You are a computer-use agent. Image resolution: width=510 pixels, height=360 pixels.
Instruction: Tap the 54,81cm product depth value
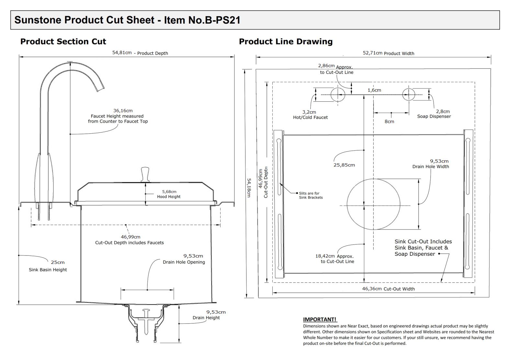[122, 53]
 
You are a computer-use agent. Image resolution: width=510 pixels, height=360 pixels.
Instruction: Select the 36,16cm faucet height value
[123, 111]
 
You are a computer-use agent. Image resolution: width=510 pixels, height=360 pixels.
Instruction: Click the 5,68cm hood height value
[169, 192]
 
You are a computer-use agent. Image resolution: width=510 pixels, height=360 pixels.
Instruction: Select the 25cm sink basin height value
[58, 262]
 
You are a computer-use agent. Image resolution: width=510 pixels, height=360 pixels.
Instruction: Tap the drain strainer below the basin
[146, 324]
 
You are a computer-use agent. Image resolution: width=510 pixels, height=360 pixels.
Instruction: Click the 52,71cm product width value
[372, 53]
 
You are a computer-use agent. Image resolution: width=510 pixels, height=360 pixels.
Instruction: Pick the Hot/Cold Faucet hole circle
[338, 95]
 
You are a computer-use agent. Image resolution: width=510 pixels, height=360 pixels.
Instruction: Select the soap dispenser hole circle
[409, 95]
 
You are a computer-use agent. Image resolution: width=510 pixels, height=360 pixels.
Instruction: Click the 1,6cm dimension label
[374, 90]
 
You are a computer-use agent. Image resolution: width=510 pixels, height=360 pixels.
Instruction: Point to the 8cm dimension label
[389, 121]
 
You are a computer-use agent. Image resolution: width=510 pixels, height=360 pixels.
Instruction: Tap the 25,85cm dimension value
[344, 165]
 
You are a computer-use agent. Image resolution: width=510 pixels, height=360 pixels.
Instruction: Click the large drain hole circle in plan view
[373, 204]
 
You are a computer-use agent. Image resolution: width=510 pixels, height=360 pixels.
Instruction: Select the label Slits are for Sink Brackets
[311, 195]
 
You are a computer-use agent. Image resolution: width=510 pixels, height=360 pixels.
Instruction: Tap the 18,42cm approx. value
[325, 256]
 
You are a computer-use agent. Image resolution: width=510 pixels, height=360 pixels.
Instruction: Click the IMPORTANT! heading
[320, 320]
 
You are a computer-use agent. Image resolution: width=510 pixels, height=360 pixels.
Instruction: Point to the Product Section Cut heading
[63, 41]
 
